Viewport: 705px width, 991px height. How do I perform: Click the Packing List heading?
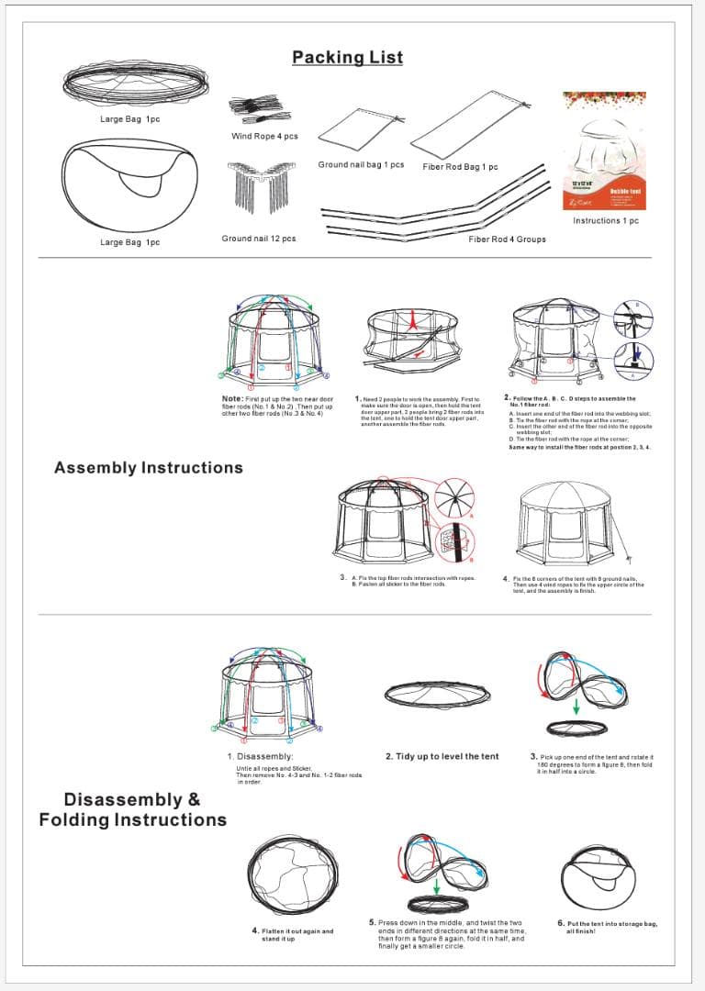(x=347, y=57)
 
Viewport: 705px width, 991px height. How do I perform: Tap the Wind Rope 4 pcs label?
(x=264, y=137)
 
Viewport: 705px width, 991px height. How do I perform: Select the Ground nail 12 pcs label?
(x=258, y=239)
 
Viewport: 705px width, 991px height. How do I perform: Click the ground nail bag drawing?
(x=361, y=134)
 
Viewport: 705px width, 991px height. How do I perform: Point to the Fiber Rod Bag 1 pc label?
(x=460, y=167)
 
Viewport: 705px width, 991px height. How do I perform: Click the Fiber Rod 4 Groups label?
(x=507, y=239)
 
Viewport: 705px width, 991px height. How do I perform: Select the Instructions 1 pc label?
(x=605, y=221)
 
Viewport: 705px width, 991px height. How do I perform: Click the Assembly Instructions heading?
(x=149, y=468)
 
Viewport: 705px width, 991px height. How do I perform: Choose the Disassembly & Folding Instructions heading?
(x=132, y=809)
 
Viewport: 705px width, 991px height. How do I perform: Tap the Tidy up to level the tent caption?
(x=442, y=756)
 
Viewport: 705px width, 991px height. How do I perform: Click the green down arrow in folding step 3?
(x=576, y=707)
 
